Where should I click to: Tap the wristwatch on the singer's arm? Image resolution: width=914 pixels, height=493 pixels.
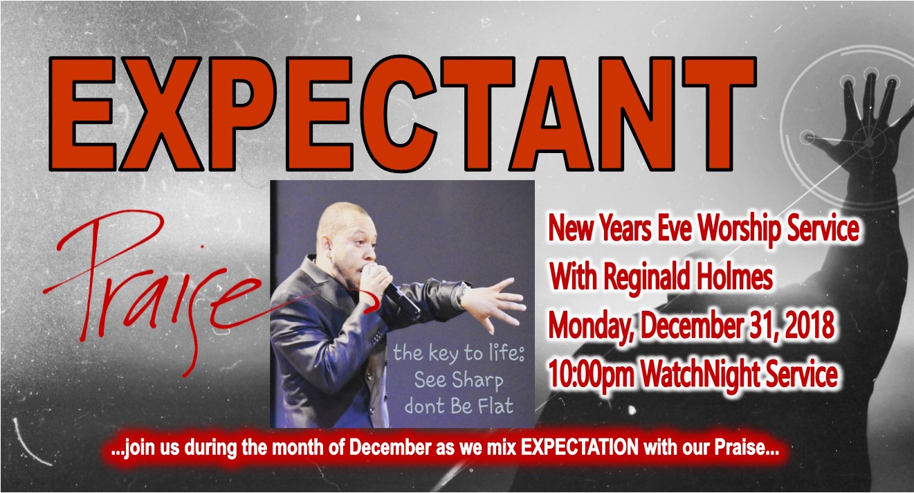461,295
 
